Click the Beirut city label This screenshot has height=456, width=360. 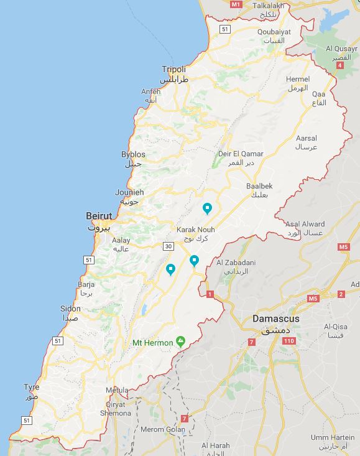click(99, 216)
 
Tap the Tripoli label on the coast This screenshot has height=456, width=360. click(173, 69)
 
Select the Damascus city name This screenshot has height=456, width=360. click(275, 319)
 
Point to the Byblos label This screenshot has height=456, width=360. click(133, 154)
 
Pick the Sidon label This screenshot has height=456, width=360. click(70, 309)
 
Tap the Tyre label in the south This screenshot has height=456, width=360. click(31, 387)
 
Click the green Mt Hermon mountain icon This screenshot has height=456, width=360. click(181, 341)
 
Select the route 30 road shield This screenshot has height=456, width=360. click(168, 246)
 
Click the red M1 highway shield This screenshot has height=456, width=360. click(235, 4)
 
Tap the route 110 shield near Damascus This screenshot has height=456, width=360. click(288, 341)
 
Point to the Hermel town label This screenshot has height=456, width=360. click(297, 80)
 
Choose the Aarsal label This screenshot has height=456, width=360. click(307, 138)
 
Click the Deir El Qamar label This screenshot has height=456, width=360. click(241, 154)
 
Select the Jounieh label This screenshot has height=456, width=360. click(129, 193)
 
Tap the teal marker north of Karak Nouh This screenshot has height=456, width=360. click(208, 208)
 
